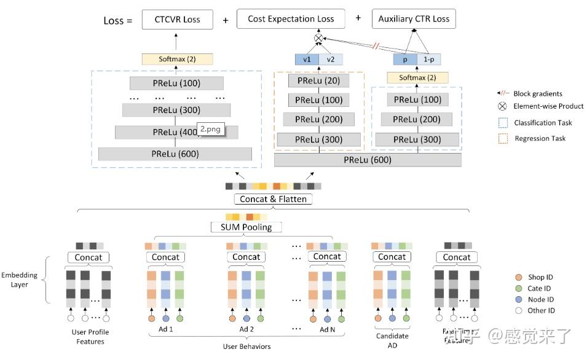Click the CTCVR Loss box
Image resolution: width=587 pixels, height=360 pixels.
(x=179, y=19)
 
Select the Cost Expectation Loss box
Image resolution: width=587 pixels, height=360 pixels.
(x=291, y=19)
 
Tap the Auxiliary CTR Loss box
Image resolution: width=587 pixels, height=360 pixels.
(x=413, y=19)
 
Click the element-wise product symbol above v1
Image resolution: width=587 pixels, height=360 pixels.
(x=318, y=39)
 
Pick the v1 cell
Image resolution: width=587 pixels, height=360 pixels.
(x=307, y=60)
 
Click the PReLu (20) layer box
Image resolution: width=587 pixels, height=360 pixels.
(x=318, y=80)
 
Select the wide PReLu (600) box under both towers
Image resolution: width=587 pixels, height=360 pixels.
(x=368, y=160)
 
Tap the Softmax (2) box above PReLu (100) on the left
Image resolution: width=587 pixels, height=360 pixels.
(x=177, y=60)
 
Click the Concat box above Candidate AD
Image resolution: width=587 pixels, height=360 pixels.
(x=392, y=257)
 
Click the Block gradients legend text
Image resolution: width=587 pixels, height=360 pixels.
(x=538, y=93)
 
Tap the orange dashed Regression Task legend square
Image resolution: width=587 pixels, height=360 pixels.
(x=503, y=138)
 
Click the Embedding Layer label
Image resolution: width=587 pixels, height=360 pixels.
(x=19, y=280)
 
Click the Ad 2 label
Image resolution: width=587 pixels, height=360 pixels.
(x=246, y=329)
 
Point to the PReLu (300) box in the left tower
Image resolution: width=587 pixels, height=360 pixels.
(x=176, y=110)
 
